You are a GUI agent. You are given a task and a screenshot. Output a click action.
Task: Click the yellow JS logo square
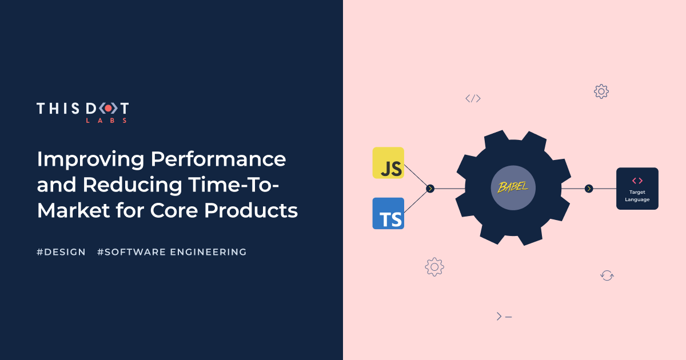pos(388,163)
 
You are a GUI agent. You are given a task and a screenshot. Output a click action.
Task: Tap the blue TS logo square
pos(388,213)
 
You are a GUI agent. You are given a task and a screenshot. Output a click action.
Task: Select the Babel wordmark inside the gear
pos(513,187)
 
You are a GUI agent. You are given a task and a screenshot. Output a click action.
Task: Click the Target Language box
pos(637,189)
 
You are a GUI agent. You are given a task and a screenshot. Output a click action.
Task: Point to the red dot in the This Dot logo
pos(108,108)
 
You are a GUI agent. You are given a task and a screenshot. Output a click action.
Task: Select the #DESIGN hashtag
pos(61,251)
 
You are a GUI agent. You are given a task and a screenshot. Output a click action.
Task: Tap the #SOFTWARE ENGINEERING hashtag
pos(172,251)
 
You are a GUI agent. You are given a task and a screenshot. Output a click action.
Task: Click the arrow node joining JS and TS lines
pos(430,189)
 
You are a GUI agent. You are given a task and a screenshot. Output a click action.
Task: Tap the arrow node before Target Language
pos(589,189)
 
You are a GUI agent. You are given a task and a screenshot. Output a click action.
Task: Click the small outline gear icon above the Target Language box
pos(601,91)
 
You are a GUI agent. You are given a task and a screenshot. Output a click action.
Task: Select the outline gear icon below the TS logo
pos(434,267)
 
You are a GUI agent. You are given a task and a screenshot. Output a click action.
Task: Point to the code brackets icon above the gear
pos(473,98)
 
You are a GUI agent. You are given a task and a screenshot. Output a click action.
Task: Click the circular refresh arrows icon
pos(607,275)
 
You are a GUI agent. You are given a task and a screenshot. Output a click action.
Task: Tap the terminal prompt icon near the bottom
pos(504,316)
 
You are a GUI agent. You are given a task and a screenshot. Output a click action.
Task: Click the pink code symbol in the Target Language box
pos(637,181)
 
